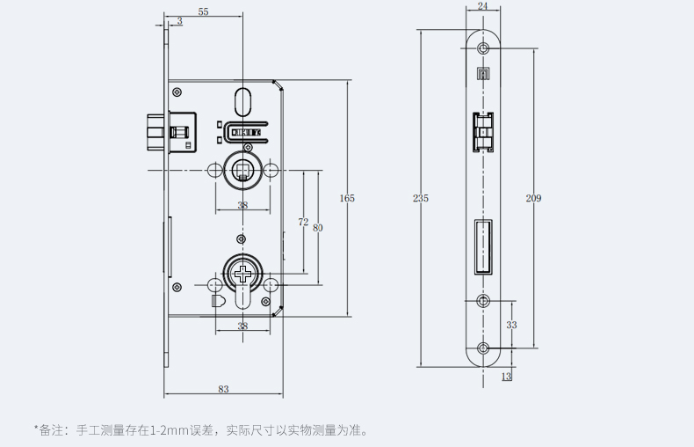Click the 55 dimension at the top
click(x=203, y=11)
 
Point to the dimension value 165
click(x=347, y=199)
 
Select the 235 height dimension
click(x=421, y=199)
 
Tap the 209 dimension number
click(x=533, y=199)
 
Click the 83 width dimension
click(x=223, y=388)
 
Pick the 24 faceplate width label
click(x=482, y=5)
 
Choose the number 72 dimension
click(x=303, y=223)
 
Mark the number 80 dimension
click(x=317, y=228)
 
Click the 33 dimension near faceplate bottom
click(x=511, y=325)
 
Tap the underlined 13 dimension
click(x=506, y=377)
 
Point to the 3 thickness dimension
click(x=179, y=20)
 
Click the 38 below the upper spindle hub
click(x=242, y=205)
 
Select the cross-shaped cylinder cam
click(x=242, y=274)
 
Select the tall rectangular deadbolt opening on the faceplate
click(x=482, y=247)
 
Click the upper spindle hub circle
click(x=242, y=166)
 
